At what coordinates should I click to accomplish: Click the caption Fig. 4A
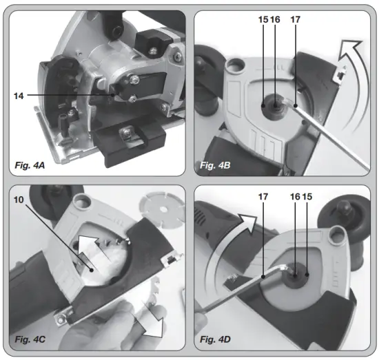coord(32,165)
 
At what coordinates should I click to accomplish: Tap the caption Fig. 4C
coord(32,340)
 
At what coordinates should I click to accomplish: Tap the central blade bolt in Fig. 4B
coord(270,105)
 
